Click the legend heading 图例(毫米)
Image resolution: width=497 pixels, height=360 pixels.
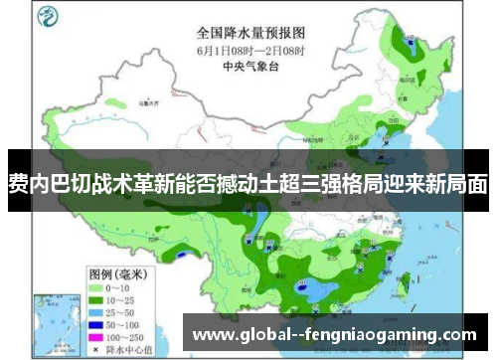coord(114,245)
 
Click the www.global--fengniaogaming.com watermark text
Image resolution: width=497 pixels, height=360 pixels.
coord(334,334)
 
